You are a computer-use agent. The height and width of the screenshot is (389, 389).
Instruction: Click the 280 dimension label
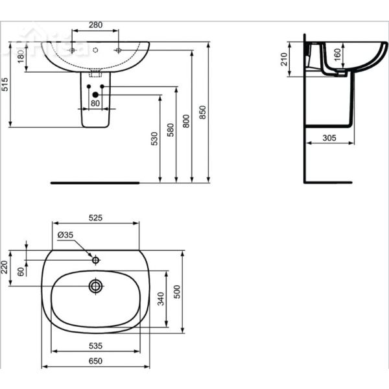pos(95,25)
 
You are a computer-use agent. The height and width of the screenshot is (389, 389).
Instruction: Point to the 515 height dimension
pos(6,86)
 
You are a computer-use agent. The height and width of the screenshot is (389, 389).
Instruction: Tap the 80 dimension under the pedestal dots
pos(96,103)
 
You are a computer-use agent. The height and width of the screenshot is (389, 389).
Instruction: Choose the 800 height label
pos(187,121)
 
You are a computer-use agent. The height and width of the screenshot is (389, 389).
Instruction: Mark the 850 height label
pos(203,113)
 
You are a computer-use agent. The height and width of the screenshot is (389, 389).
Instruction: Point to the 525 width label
pos(95,218)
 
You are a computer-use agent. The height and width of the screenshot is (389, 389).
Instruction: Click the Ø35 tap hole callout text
pos(65,235)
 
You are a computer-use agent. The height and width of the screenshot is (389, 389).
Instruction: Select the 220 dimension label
pos(6,266)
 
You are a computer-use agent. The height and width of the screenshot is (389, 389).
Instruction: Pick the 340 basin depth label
pos(161,298)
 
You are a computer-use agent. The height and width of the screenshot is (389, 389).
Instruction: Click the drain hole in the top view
pos(96,285)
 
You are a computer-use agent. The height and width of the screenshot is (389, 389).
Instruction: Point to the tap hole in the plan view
pos(96,260)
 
